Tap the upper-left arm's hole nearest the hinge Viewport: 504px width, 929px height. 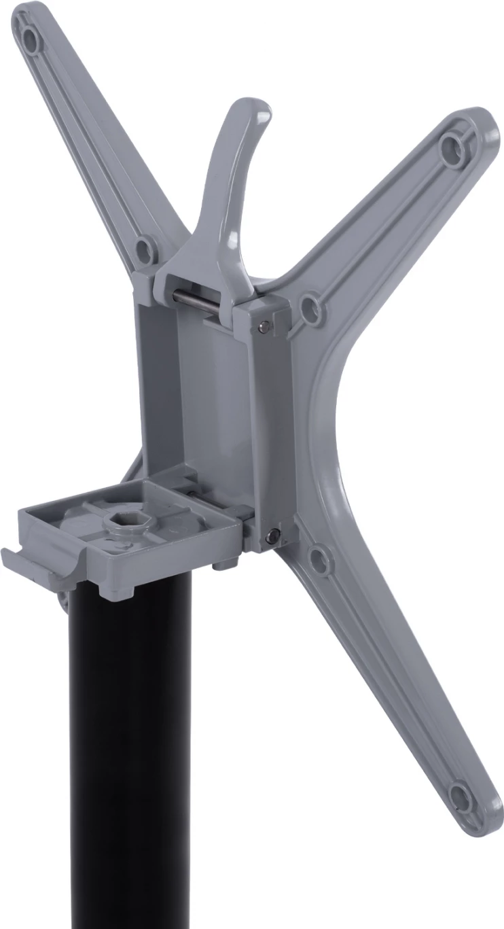(144, 250)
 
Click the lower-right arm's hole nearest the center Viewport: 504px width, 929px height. (319, 560)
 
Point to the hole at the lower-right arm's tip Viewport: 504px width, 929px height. (461, 797)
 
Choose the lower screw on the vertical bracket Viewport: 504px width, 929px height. (271, 536)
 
